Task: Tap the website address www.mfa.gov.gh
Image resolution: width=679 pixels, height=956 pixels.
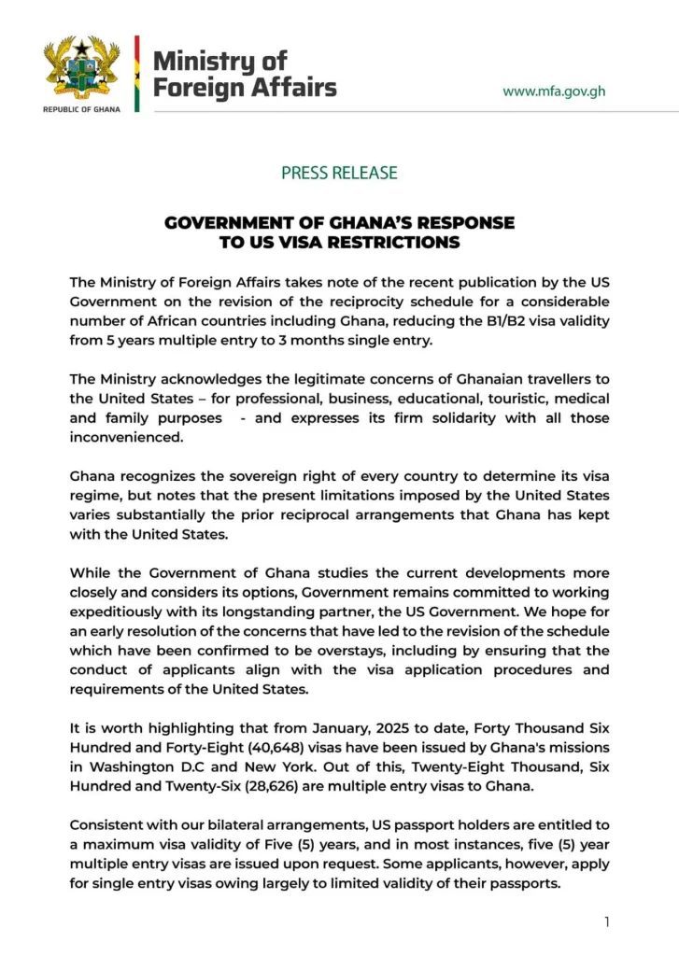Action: click(554, 91)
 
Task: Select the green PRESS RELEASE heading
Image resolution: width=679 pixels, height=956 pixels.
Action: click(339, 173)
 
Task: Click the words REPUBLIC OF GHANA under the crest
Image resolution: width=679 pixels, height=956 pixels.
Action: click(82, 110)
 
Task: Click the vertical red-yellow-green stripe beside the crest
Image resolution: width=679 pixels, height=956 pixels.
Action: click(136, 75)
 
